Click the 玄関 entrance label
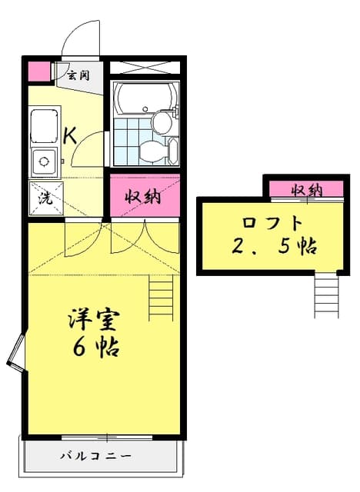click(78, 75)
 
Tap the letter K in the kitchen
click(68, 136)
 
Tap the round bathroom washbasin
click(162, 121)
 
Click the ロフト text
click(272, 224)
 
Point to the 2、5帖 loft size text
click(274, 248)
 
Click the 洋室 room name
click(96, 318)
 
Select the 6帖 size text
click(96, 347)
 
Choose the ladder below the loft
click(326, 295)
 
